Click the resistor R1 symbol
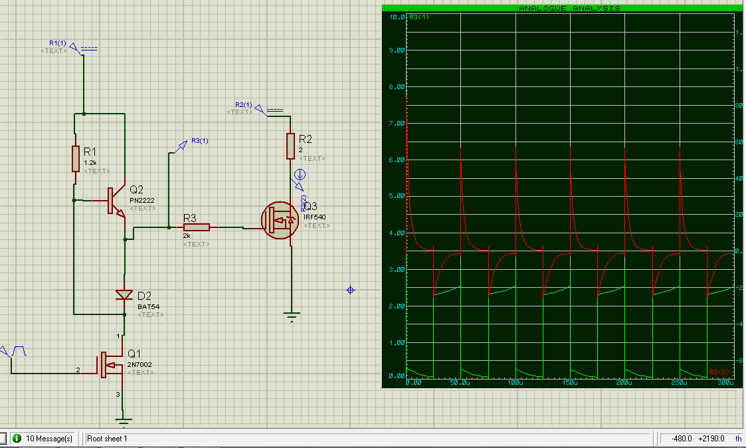(76, 158)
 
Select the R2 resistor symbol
(290, 146)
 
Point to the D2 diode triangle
(124, 294)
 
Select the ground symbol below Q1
(124, 419)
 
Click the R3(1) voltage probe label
(199, 141)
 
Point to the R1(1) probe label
(58, 43)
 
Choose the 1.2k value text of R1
(90, 162)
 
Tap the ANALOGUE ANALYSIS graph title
(569, 8)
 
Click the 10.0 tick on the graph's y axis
(397, 17)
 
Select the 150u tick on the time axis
(570, 384)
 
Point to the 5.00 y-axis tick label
(396, 197)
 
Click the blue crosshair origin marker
(351, 290)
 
